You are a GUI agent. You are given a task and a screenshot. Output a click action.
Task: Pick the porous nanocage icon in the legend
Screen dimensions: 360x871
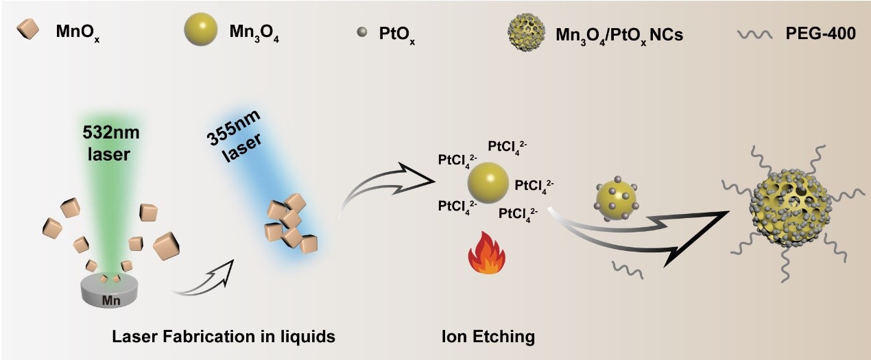coord(526,31)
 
